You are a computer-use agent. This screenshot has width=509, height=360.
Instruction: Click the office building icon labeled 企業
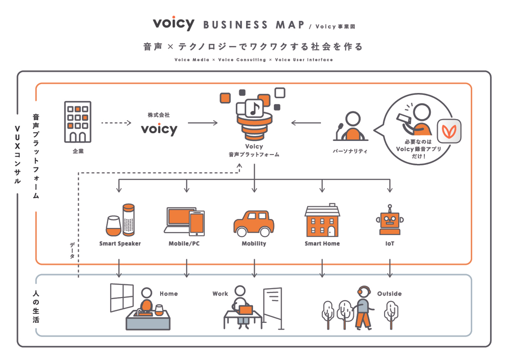78,122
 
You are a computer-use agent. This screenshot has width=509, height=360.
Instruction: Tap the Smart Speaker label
120,243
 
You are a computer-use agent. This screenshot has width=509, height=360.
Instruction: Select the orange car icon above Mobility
254,223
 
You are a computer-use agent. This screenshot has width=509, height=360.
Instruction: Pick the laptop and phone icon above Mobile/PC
185,222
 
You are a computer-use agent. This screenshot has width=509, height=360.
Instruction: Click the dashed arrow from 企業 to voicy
116,123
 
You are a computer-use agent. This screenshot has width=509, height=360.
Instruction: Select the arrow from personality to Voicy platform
306,123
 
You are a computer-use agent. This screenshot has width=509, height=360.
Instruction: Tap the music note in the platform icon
254,108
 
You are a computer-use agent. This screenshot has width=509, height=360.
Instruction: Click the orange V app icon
449,131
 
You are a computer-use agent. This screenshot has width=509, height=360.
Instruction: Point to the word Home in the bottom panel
169,294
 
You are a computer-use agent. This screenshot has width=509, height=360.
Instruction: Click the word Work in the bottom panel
220,294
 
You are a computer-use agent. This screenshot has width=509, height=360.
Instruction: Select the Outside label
389,294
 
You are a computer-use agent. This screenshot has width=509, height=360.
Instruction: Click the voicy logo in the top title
174,23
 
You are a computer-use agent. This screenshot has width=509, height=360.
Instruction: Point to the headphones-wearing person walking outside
363,308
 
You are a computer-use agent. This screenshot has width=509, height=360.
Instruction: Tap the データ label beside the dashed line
72,250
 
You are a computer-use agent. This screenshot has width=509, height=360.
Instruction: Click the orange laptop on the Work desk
246,310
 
